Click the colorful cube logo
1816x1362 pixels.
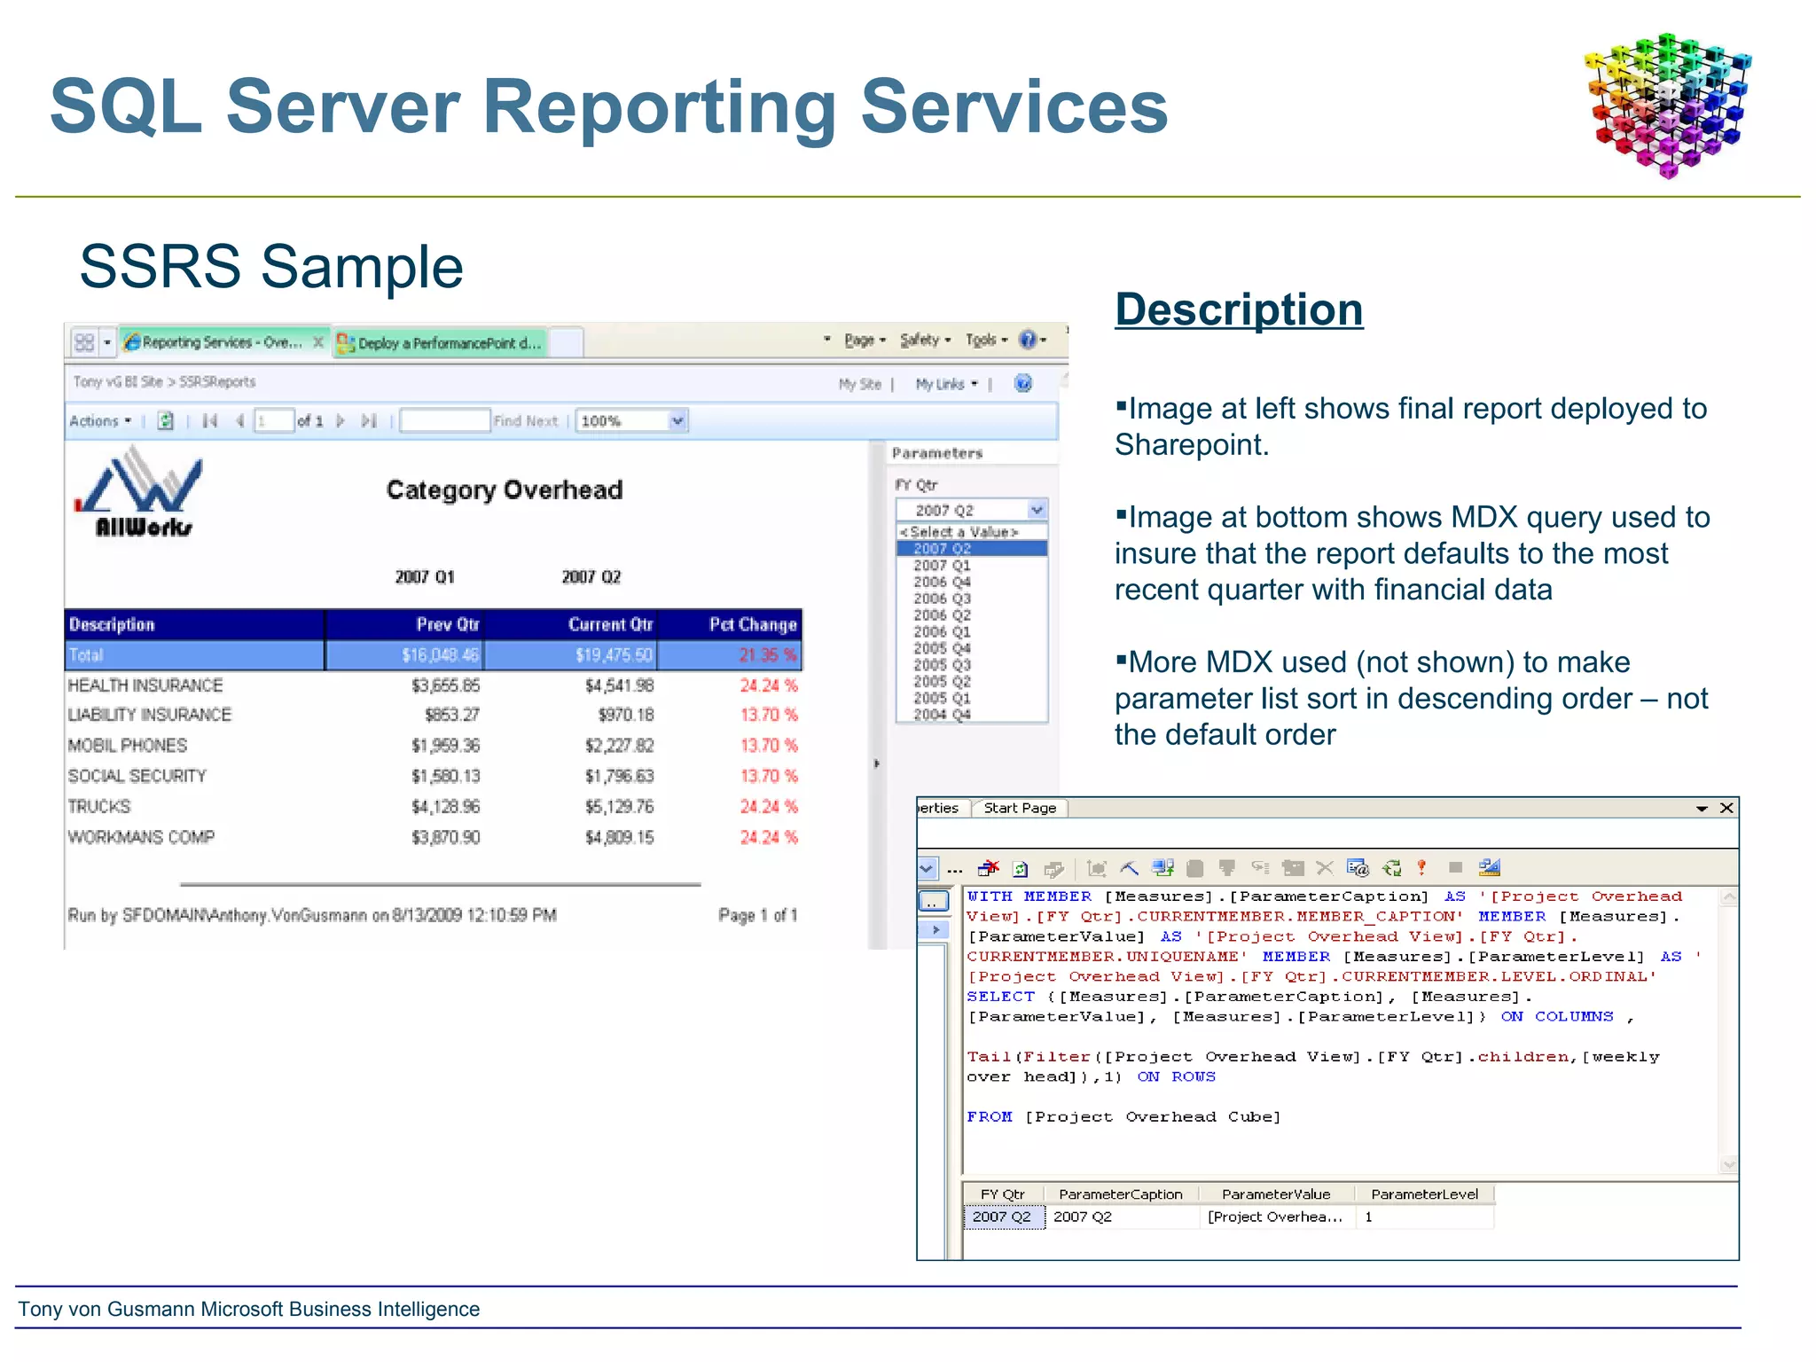pos(1667,105)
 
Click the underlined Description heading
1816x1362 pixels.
pos(1239,309)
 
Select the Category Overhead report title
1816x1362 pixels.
pos(505,489)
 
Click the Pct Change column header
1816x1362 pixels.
pos(752,624)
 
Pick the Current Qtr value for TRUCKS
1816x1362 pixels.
pos(619,806)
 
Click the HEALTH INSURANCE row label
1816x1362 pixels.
pos(145,685)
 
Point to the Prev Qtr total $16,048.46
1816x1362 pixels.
pos(440,655)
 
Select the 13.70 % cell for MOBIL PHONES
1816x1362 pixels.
pos(768,745)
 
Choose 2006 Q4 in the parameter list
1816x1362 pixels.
pos(942,582)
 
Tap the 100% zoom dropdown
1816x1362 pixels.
pos(677,420)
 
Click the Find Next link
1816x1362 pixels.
pos(526,421)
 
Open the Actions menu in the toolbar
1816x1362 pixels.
pos(99,421)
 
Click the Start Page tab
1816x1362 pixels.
pos(1020,808)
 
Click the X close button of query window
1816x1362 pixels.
pos(1726,808)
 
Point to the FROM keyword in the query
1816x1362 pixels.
pos(989,1116)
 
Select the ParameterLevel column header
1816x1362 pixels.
pos(1424,1194)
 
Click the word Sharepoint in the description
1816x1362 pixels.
pos(1188,444)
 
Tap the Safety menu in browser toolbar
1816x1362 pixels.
pos(923,340)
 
